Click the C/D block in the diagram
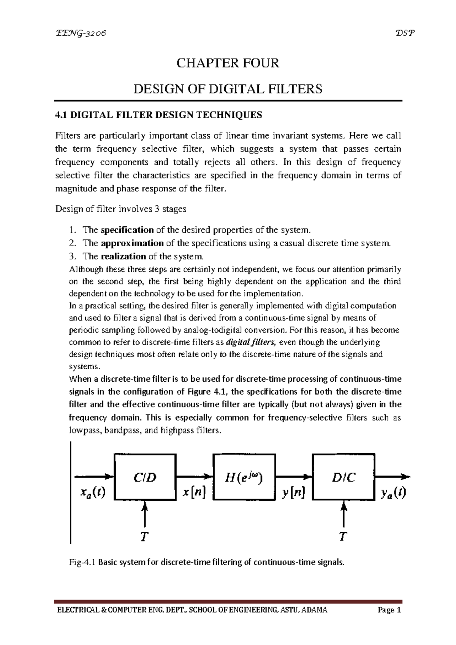pos(145,477)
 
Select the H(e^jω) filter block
pos(244,477)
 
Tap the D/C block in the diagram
pos(344,477)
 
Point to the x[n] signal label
pos(194,493)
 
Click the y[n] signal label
pos(293,493)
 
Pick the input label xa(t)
pos(93,493)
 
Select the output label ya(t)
pos(393,493)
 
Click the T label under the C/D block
pos(144,537)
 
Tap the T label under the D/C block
pos(343,537)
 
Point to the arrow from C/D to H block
pos(194,476)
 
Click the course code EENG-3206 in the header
pos(81,33)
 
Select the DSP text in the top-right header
pos(405,33)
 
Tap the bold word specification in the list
pos(127,230)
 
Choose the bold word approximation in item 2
pos(132,243)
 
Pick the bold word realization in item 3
pos(123,256)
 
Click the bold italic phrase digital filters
pos(251,342)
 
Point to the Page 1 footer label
pos(389,610)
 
